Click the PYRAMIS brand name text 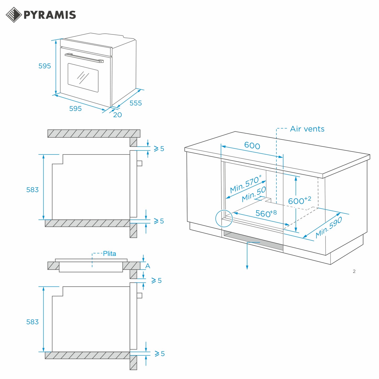[50, 15]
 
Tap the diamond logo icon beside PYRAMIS [14, 15]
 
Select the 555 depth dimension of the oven [136, 103]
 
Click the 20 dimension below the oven [118, 115]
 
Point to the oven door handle [84, 58]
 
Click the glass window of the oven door [83, 78]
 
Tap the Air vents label [307, 129]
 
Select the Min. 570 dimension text [245, 184]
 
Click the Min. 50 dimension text [254, 194]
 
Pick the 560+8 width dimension [266, 213]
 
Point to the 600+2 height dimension [299, 201]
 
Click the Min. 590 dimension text [329, 227]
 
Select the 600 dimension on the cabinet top [252, 146]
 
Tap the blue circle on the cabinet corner [224, 218]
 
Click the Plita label [109, 254]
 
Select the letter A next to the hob [148, 266]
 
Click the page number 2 [354, 271]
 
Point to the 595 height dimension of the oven [45, 66]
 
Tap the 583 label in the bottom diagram [32, 322]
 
